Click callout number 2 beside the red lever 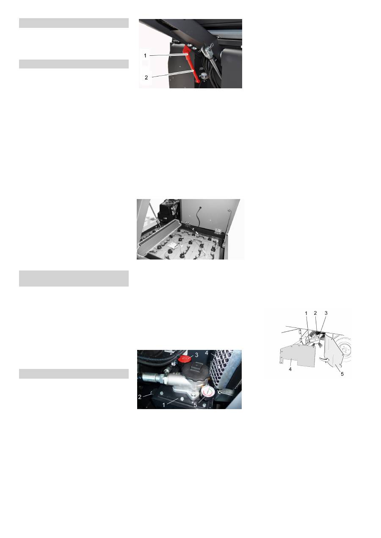point(146,77)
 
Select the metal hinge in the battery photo point(218,231)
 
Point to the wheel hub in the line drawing point(346,350)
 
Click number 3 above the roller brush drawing point(326,313)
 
